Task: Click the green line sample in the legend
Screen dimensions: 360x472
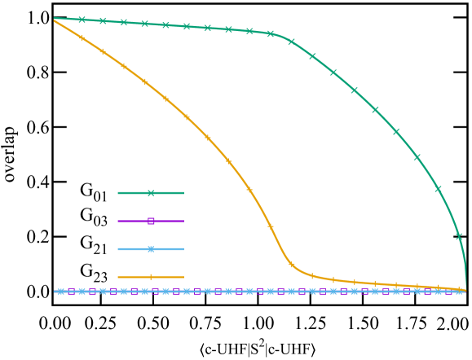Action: coord(151,193)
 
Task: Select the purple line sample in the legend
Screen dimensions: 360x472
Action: coord(151,221)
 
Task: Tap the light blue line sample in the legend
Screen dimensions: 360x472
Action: coord(151,249)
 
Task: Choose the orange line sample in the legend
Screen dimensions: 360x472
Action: coord(151,277)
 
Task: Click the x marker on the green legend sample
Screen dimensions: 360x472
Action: coord(151,193)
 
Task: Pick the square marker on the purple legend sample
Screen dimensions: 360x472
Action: coord(151,221)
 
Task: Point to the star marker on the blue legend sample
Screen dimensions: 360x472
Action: coord(151,249)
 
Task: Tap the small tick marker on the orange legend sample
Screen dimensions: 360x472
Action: coord(151,277)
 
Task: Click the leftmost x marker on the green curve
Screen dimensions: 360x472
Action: coord(82,20)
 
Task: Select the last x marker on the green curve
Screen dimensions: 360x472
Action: coord(459,236)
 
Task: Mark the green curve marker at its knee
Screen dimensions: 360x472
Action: coord(271,33)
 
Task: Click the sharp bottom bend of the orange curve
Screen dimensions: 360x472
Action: coord(292,265)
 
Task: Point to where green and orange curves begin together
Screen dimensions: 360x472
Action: coord(54,19)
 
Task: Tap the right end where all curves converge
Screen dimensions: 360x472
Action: coord(465,290)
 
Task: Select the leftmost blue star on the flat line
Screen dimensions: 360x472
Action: coord(61,291)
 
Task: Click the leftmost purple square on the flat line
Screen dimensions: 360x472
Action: coord(71,291)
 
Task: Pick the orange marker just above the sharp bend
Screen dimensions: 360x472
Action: coord(271,226)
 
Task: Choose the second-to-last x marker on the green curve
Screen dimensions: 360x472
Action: coord(438,188)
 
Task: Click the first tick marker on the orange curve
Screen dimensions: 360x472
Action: coord(82,37)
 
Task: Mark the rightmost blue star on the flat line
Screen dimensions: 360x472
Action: coord(460,291)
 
